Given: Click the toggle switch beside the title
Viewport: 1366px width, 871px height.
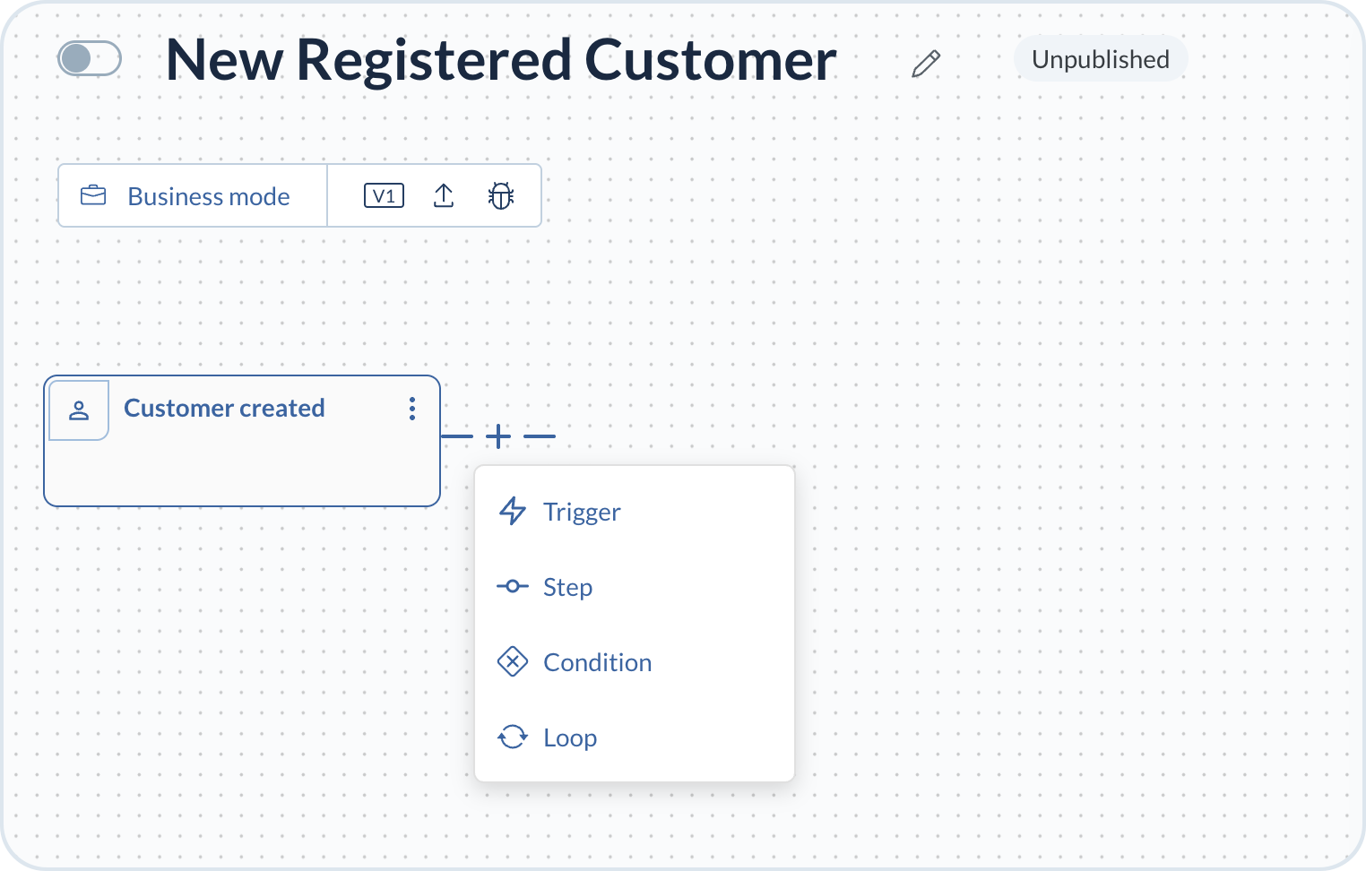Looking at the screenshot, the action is (x=90, y=59).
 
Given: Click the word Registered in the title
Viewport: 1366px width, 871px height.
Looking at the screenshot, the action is (x=433, y=60).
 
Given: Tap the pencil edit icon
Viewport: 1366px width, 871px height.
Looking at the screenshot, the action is (x=926, y=64).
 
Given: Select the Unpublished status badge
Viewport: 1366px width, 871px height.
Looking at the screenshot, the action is (x=1100, y=59).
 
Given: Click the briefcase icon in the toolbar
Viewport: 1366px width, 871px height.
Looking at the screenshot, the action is (x=93, y=195).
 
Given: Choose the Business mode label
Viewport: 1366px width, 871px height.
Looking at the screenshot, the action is (x=209, y=196).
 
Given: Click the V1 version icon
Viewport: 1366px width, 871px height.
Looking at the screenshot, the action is (x=384, y=195).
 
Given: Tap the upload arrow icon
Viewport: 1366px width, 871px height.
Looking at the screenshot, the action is (x=444, y=195).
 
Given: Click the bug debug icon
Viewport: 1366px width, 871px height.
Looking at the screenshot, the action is (x=501, y=195).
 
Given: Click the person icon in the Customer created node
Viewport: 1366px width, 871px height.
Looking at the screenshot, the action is (x=79, y=410).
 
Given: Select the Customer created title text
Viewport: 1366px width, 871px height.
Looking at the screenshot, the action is (x=224, y=409).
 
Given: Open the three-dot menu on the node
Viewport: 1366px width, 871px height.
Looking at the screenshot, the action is (x=412, y=409).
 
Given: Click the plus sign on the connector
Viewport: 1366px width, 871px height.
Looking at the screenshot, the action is (x=498, y=436).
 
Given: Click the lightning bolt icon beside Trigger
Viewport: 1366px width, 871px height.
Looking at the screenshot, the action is (x=513, y=512).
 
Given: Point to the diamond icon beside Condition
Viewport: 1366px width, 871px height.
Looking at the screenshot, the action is (x=513, y=662).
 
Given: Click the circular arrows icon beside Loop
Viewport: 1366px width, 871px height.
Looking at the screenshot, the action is (x=513, y=737).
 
